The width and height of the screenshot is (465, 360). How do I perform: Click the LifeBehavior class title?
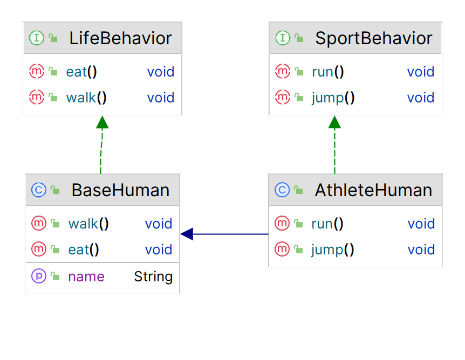click(x=120, y=38)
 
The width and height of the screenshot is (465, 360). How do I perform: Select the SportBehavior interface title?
click(x=373, y=38)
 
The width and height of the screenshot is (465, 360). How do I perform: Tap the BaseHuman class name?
click(x=120, y=190)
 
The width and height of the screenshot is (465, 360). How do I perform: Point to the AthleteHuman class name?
click(x=373, y=190)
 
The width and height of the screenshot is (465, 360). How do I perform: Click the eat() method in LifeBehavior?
click(x=81, y=72)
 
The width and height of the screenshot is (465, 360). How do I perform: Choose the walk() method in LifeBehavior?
click(x=86, y=98)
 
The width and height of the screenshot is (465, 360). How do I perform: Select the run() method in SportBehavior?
click(x=327, y=72)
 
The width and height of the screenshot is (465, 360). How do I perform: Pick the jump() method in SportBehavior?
click(x=333, y=98)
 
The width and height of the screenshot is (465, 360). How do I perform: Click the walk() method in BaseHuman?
click(x=88, y=224)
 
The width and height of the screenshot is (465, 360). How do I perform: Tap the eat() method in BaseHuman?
click(x=84, y=250)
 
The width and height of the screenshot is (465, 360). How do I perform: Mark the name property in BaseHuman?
click(x=86, y=277)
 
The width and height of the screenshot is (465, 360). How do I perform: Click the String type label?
click(x=153, y=277)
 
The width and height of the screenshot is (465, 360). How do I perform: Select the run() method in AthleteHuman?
click(x=327, y=224)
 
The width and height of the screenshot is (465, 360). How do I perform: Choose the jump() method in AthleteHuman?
click(x=333, y=250)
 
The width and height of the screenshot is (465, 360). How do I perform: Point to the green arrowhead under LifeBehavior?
click(x=102, y=123)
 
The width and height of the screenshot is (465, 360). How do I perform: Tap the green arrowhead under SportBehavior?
click(x=334, y=123)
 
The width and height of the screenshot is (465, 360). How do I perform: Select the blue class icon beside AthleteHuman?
click(x=282, y=190)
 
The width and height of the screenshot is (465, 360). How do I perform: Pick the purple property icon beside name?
click(x=39, y=276)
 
